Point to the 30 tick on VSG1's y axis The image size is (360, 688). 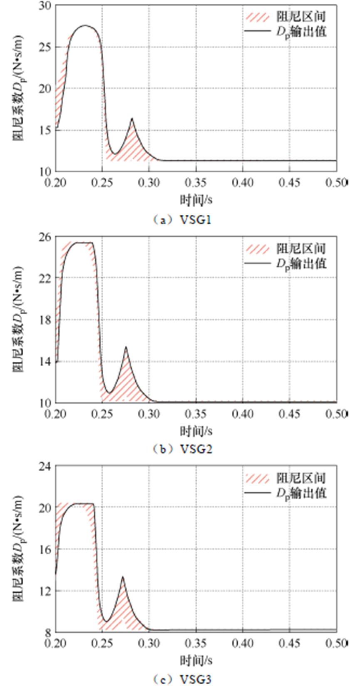pos(46,6)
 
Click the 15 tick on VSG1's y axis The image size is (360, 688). pos(46,130)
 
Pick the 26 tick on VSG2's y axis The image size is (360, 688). pos(46,237)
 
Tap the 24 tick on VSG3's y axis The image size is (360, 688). pos(46,466)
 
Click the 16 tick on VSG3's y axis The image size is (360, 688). pos(46,549)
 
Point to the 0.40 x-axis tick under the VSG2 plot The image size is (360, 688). pos(243,413)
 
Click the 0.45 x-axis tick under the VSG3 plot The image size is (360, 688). pos(290,643)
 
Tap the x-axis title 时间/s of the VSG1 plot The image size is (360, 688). pos(196,200)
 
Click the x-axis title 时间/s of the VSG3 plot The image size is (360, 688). pos(196,661)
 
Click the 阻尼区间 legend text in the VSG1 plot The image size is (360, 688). pos(301,17)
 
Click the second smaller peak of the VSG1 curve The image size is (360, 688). pos(132,119)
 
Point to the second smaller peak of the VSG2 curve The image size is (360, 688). pos(126,347)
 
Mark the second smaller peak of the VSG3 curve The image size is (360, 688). pos(122,576)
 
